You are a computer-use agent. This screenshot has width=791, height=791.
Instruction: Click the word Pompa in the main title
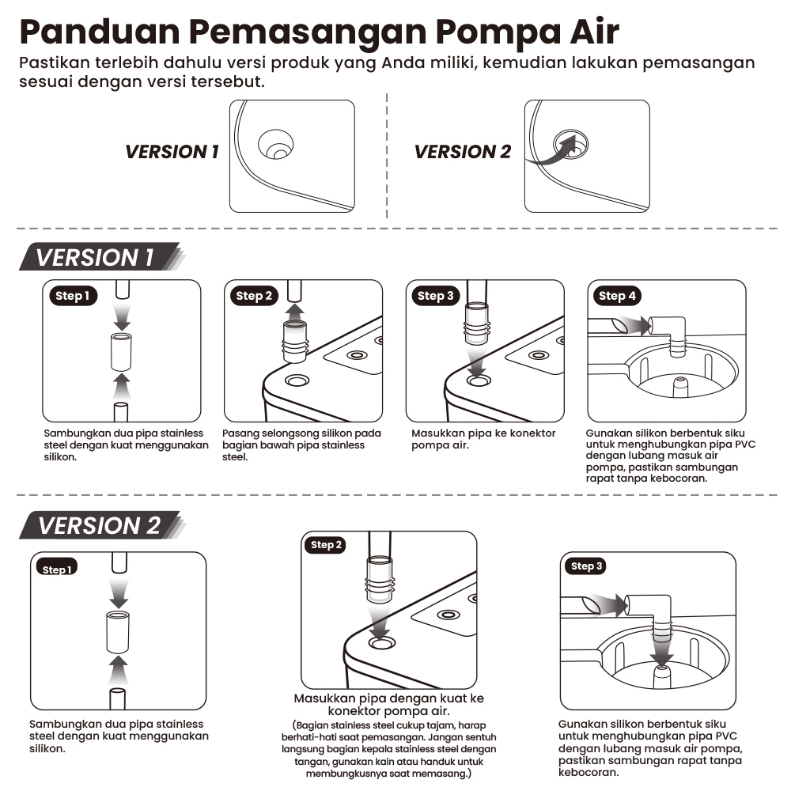click(498, 32)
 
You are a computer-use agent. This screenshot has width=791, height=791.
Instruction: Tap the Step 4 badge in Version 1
click(617, 296)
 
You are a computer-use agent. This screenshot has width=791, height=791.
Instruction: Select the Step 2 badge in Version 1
click(254, 296)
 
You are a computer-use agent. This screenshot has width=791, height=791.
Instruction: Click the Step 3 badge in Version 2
click(586, 566)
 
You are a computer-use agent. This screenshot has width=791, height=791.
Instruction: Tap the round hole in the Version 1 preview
click(275, 144)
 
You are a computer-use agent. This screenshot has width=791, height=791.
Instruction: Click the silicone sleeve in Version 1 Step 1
click(121, 352)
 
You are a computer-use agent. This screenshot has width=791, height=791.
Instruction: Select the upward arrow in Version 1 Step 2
click(294, 310)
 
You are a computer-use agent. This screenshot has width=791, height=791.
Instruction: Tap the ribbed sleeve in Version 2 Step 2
click(380, 579)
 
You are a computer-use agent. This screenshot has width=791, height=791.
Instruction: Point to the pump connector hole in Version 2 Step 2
click(382, 643)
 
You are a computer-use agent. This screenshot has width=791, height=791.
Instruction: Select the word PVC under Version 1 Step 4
click(745, 445)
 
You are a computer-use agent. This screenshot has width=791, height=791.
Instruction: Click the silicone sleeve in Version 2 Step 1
click(118, 631)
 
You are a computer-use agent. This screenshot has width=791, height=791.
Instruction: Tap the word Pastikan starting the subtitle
click(55, 63)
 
